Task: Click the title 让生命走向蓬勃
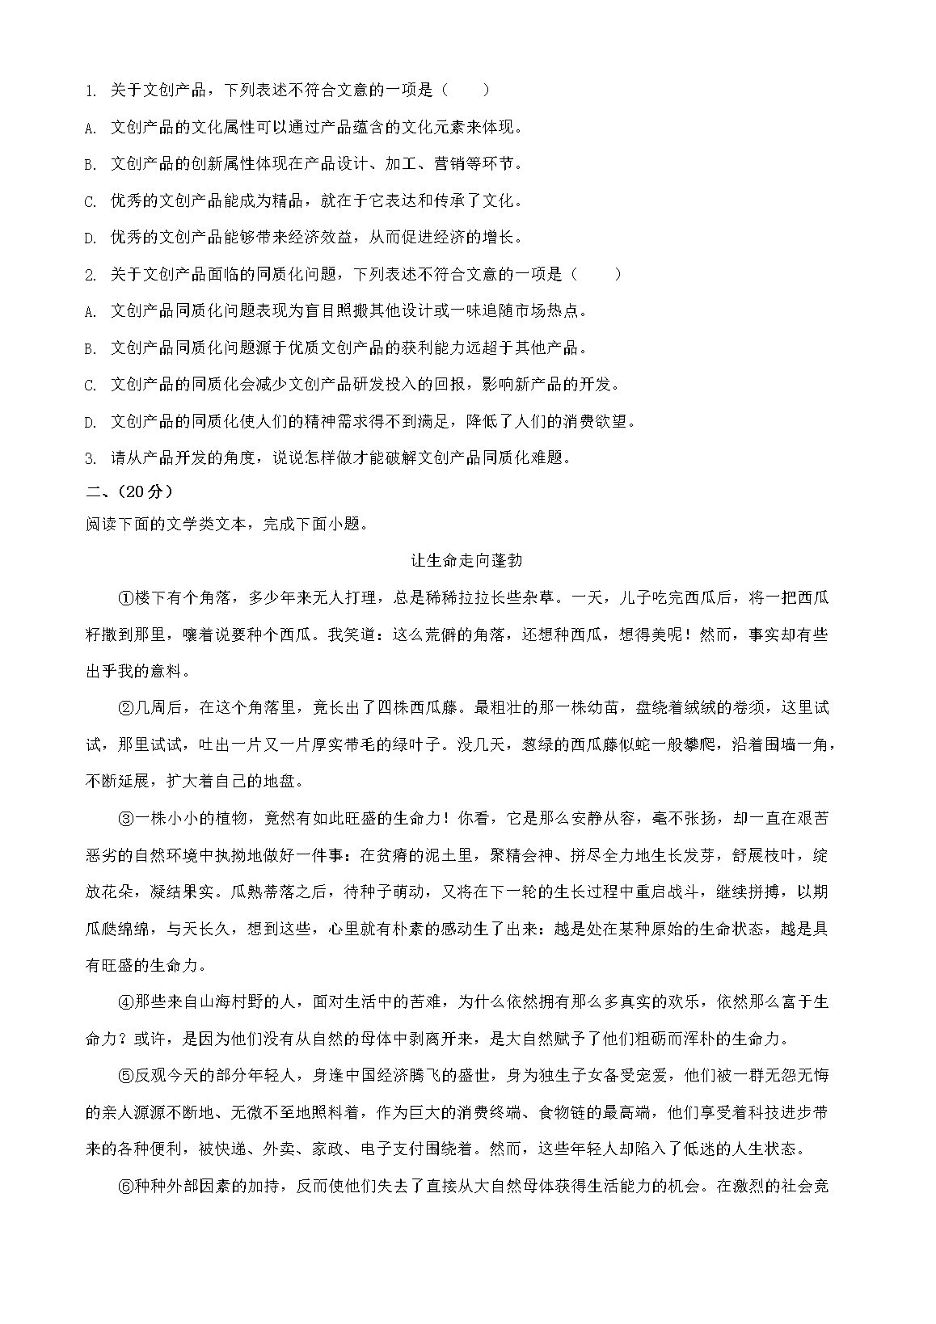(468, 561)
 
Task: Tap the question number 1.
(91, 91)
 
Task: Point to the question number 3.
(91, 458)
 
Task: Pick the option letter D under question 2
(91, 422)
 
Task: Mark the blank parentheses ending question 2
(597, 274)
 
